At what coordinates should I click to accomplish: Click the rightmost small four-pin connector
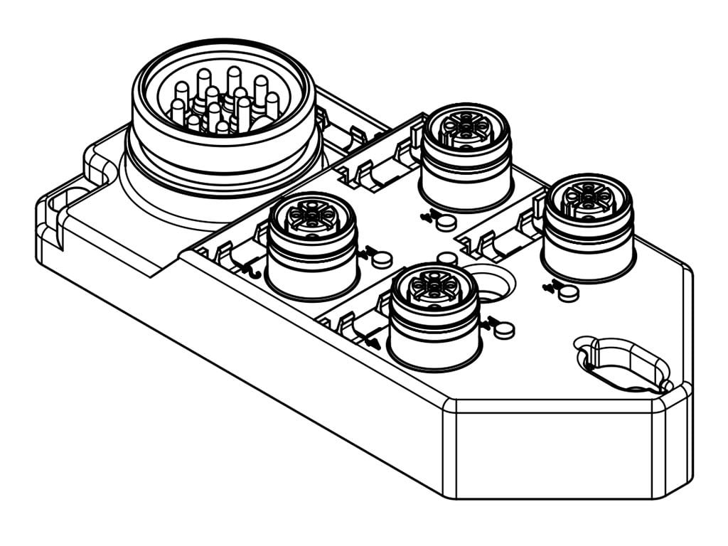[x=587, y=226]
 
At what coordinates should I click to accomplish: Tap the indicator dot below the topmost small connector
[x=446, y=223]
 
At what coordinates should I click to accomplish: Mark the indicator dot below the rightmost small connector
[x=568, y=293]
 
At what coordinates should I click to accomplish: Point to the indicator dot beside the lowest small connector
[x=503, y=329]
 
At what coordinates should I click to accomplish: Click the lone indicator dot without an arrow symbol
[x=446, y=258]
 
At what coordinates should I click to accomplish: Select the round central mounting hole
[x=491, y=284]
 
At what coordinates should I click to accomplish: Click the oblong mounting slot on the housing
[x=623, y=364]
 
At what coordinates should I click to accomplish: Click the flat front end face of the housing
[x=555, y=455]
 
